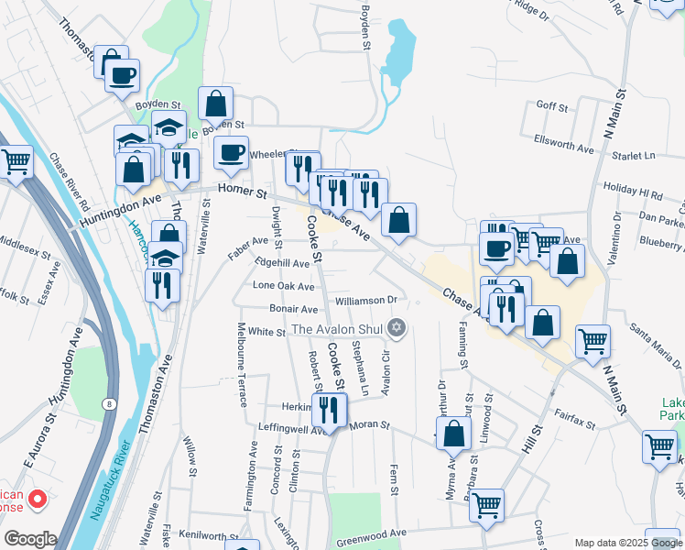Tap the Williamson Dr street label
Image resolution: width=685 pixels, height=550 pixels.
(364, 300)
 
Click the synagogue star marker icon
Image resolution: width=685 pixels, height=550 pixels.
(397, 327)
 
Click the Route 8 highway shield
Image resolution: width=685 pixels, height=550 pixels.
(109, 402)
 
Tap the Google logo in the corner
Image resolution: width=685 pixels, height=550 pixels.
(29, 538)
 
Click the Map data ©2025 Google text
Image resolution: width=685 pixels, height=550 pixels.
(627, 543)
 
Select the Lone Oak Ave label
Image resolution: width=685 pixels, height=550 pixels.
(283, 287)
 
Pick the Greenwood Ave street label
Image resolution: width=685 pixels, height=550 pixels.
(371, 533)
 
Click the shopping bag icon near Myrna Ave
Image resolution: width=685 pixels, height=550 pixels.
(454, 432)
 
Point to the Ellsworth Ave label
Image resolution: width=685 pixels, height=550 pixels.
(563, 146)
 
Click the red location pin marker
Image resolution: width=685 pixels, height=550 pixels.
(38, 499)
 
